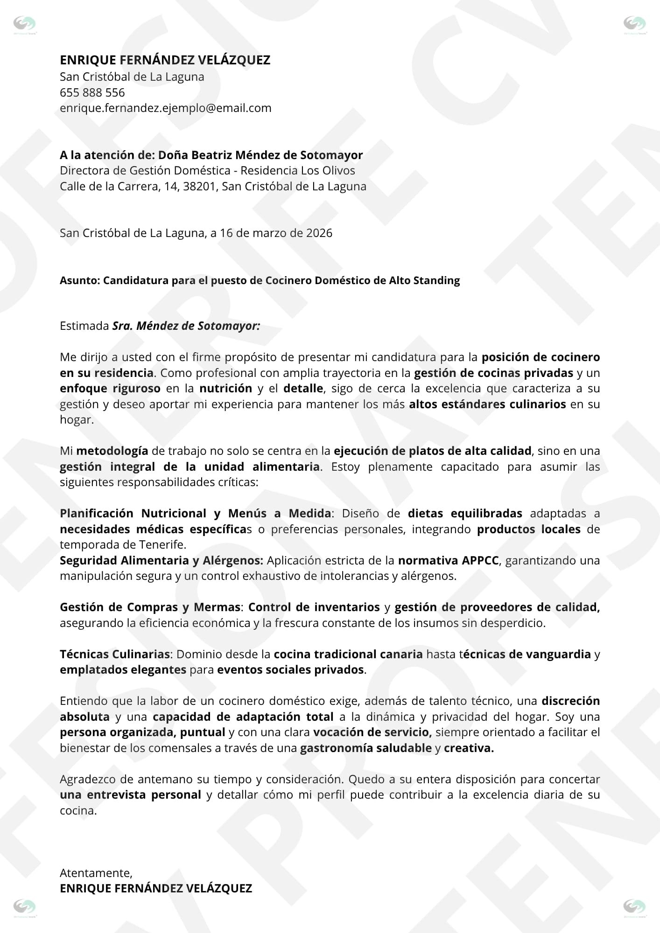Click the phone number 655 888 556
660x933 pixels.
pos(92,92)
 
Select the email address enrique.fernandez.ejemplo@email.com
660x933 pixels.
pos(165,108)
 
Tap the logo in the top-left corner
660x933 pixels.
pos(24,24)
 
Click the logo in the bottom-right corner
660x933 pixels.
pos(635,907)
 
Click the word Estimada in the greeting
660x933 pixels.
pos(84,326)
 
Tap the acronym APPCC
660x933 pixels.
pos(480,560)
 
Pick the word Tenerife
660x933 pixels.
pos(161,544)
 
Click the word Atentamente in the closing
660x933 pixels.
pos(96,873)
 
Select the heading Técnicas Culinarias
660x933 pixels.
pos(114,654)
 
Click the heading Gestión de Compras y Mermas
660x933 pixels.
pos(149,607)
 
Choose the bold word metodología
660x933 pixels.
pos(112,451)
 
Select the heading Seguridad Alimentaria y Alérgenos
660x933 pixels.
pos(161,560)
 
